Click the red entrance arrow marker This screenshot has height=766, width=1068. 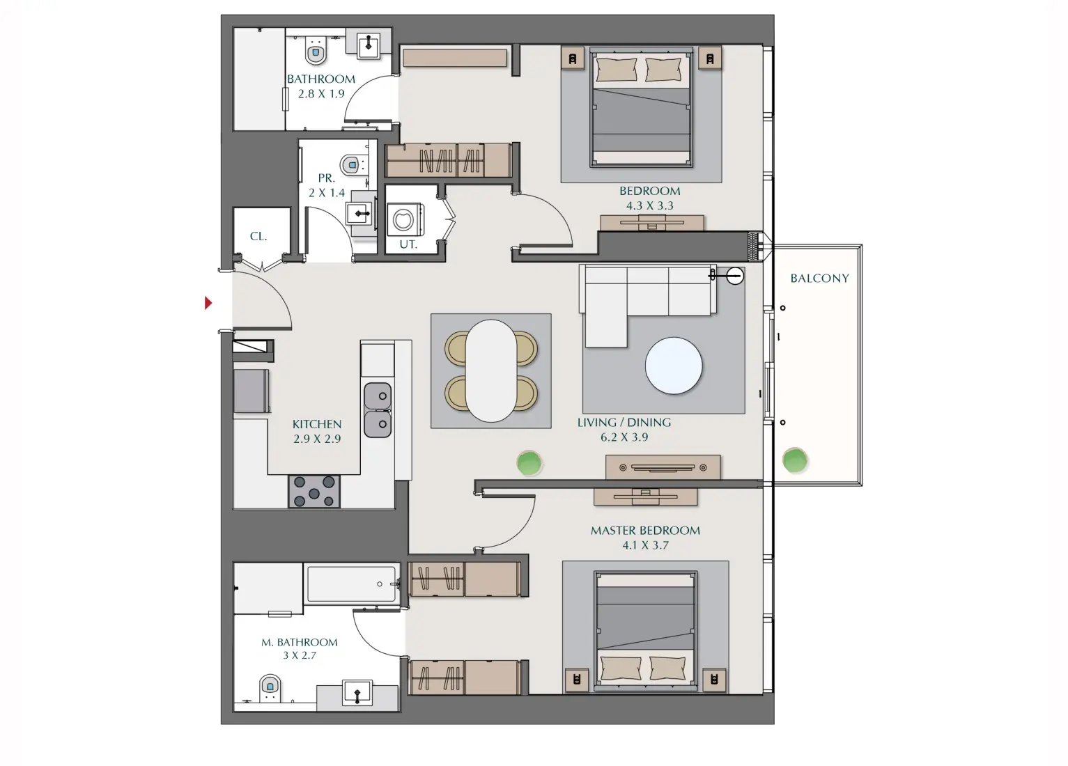[208, 303]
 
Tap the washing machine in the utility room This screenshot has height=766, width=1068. [404, 220]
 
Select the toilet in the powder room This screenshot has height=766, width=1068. [352, 165]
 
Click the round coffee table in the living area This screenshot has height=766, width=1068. [674, 366]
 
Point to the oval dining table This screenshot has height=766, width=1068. [491, 370]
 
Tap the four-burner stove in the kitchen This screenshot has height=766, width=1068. [314, 491]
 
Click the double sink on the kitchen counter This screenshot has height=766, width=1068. [378, 410]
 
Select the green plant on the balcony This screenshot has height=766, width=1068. [794, 460]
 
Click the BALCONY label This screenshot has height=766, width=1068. [819, 279]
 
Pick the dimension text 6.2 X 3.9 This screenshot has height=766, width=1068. [624, 437]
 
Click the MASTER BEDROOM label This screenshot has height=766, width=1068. [645, 531]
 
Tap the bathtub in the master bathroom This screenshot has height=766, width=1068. [352, 584]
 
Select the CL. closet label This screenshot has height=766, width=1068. [258, 237]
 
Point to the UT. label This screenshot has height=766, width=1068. [408, 244]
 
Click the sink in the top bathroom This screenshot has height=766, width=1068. [369, 45]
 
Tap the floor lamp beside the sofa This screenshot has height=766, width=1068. [734, 276]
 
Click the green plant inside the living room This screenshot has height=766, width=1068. [529, 462]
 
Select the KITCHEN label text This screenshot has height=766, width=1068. [317, 424]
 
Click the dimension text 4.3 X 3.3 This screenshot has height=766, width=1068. [649, 206]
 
